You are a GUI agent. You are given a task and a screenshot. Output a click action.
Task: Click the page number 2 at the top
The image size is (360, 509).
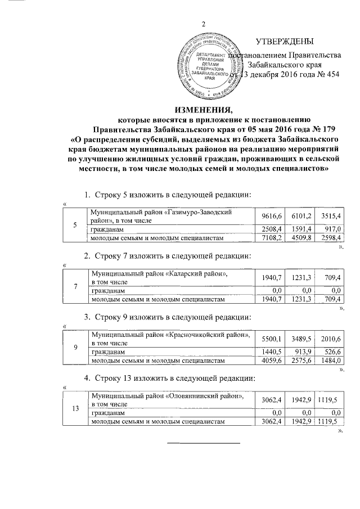coord(204,24)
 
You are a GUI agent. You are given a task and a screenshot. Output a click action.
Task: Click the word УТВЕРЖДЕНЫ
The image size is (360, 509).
coord(284,42)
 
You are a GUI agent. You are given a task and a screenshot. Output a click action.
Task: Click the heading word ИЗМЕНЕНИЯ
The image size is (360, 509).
coord(204,110)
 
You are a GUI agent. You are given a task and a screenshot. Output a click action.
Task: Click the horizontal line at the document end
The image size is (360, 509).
coord(204,443)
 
